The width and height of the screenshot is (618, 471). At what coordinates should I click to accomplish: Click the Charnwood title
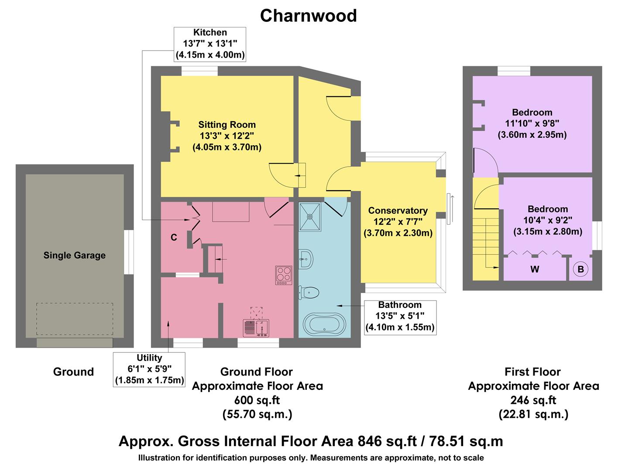(x=308, y=16)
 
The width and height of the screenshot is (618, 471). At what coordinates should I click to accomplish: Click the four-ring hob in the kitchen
(x=284, y=275)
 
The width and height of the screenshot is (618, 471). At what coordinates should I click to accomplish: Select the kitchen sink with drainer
(x=256, y=328)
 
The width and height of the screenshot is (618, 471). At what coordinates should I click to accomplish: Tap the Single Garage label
(x=74, y=256)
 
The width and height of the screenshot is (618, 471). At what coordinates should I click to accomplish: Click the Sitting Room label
(x=227, y=125)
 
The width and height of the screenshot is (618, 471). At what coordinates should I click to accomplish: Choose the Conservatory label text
(x=398, y=211)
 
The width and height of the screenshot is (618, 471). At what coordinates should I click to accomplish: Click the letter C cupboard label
(x=174, y=238)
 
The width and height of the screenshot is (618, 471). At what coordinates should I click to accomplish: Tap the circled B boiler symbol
(x=580, y=269)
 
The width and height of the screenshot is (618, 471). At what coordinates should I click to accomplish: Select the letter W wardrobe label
(x=535, y=269)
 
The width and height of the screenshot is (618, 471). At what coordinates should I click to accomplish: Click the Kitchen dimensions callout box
(x=210, y=44)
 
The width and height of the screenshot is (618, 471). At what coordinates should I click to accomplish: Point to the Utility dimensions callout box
(x=149, y=369)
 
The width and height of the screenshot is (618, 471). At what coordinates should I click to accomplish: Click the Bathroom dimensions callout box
(x=399, y=316)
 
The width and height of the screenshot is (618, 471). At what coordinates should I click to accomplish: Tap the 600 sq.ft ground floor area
(x=257, y=399)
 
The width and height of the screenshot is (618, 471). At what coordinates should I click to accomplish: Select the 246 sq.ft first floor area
(x=533, y=399)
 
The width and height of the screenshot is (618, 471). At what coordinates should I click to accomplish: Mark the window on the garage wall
(x=129, y=252)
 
